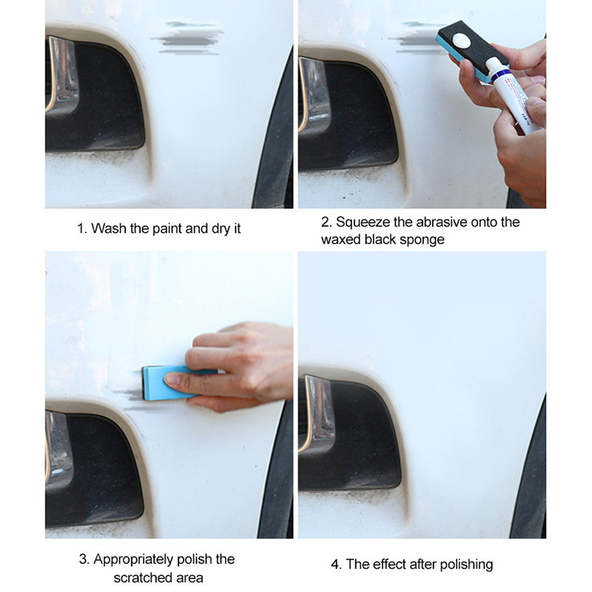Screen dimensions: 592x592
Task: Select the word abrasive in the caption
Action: pos(441,222)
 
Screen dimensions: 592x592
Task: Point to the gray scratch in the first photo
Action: pos(187,38)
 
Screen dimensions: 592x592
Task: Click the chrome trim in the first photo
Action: pos(61,75)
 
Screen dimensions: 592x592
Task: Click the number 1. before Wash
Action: pos(82,229)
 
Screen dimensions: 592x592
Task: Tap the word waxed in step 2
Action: pos(341,240)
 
